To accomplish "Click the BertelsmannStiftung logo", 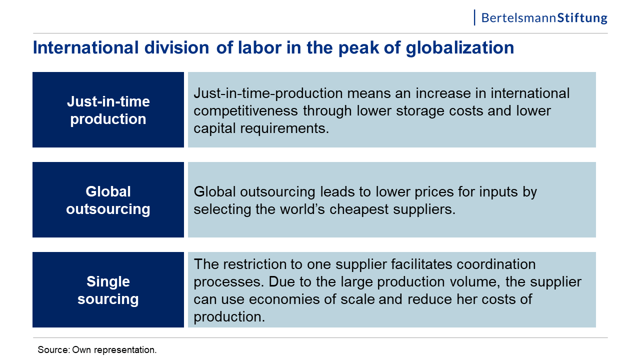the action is (x=540, y=17).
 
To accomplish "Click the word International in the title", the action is (x=85, y=47).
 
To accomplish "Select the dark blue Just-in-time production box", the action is (x=108, y=109).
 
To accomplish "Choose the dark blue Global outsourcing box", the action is (x=108, y=199).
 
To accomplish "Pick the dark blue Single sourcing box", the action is (x=108, y=289).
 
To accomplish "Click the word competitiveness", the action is (x=246, y=111).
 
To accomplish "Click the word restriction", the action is (x=254, y=264).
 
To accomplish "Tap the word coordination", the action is (x=496, y=264).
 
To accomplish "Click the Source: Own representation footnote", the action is (x=97, y=349).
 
